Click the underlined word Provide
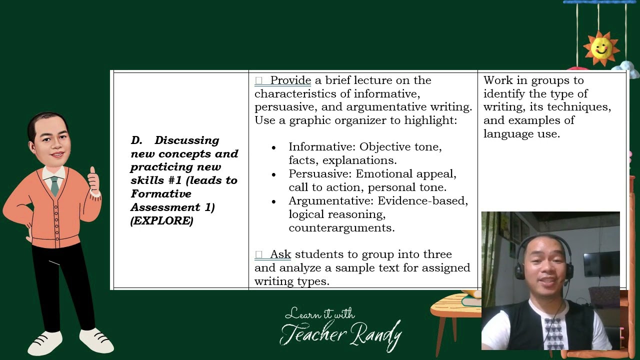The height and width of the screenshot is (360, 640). click(290, 80)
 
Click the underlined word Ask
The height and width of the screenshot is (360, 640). click(280, 254)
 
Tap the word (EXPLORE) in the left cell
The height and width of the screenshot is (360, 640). click(161, 220)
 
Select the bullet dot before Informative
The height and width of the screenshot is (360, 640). click(273, 148)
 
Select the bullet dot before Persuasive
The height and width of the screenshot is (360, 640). click(273, 174)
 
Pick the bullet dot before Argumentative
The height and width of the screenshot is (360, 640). click(273, 201)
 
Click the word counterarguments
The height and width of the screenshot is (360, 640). click(341, 228)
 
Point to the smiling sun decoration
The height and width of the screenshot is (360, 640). click(601, 48)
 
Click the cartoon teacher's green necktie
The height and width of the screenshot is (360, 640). click(54, 185)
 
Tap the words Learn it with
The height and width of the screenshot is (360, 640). click(319, 314)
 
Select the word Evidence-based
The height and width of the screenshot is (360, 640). click(422, 201)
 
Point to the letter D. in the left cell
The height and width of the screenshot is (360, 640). click(137, 140)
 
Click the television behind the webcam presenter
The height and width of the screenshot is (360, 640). click(601, 264)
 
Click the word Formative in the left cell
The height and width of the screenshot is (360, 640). click(161, 194)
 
